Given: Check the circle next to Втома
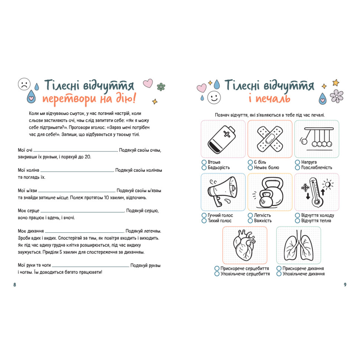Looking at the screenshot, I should (204, 162).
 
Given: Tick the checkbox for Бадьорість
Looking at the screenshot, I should (204, 168).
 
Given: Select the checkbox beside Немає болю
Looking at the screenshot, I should (250, 168).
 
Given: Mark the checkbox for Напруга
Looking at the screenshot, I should (298, 162).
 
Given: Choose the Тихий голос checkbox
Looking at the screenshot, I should (204, 221).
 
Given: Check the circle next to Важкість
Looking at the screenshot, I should (250, 221).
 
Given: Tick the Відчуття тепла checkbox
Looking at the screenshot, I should (298, 221).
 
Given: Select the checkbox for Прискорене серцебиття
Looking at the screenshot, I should (217, 268).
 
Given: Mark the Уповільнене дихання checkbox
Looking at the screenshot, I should (279, 274).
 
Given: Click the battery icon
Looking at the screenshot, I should (223, 139).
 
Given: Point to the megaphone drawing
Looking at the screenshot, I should (223, 192).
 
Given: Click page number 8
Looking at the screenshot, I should (15, 285).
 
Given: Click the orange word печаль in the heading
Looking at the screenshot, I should (275, 99).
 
